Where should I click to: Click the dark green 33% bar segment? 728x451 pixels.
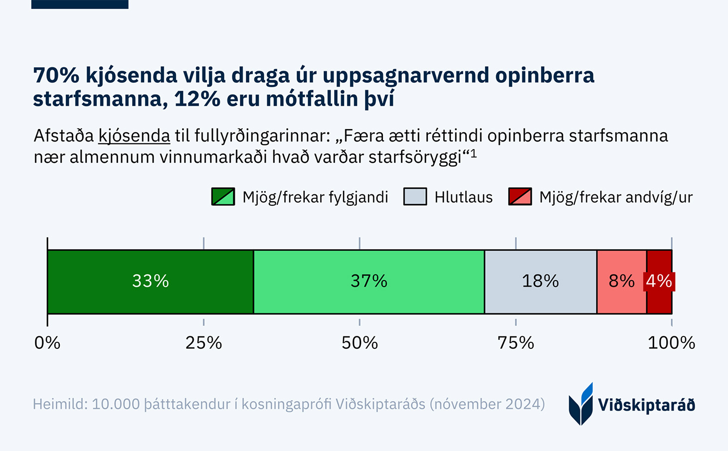pos(150,282)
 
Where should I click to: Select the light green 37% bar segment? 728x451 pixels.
pos(369,282)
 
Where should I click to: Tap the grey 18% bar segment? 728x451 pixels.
pos(541,282)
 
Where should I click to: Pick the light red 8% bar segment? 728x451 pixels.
pos(621,282)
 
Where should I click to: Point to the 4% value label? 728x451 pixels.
pos(659,282)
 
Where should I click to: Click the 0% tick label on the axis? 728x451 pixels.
pos(47,343)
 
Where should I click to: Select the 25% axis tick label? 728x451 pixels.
pos(203,343)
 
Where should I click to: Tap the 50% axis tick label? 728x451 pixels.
pos(360,343)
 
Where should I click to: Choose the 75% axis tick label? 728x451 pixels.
pos(516,343)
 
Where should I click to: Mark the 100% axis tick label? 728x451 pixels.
pos(671,343)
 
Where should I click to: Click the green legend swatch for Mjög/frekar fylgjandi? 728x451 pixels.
pos(223,197)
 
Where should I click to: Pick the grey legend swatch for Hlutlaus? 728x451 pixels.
pos(415,197)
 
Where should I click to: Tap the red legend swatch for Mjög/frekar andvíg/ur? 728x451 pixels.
pos(520,197)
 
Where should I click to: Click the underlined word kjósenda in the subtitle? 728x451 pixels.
pos(134,136)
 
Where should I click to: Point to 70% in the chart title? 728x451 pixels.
pos(56,76)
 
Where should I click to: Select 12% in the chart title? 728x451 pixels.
pos(197,99)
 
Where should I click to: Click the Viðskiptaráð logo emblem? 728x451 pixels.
pos(581,404)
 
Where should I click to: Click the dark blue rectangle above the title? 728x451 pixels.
pos(80,4)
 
